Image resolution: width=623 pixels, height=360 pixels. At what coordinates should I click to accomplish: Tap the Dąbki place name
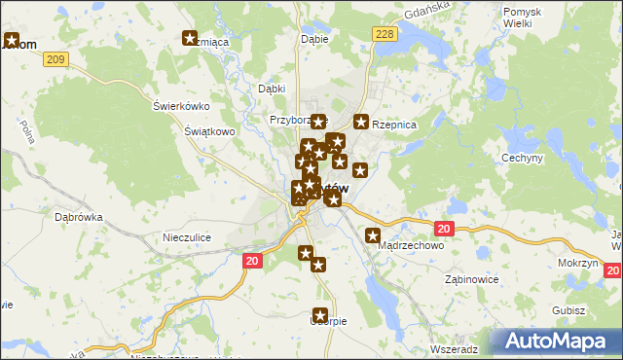pos(271,89)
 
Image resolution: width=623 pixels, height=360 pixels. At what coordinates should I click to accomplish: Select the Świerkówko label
pos(182,106)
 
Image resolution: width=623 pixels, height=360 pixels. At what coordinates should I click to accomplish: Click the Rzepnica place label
pos(393,125)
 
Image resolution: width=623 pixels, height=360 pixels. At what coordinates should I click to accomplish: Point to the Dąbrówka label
pos(79,218)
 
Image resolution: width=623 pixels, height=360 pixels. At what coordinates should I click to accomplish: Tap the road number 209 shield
pos(55,60)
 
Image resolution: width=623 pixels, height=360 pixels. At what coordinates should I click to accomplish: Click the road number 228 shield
pos(385,34)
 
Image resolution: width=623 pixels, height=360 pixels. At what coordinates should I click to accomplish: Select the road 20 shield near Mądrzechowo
pos(444,229)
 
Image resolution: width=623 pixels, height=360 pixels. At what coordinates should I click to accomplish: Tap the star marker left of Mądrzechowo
pos(373,235)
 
